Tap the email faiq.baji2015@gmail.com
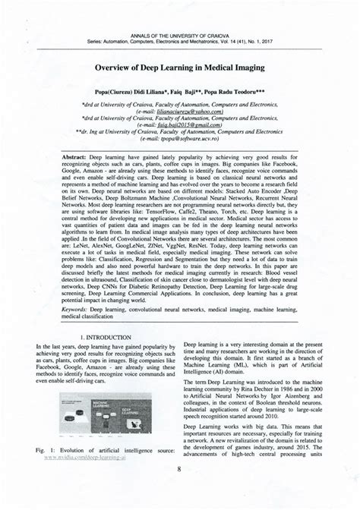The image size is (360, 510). (180, 127)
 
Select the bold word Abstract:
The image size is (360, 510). (68, 155)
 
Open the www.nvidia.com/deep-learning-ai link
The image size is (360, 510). (96, 458)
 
